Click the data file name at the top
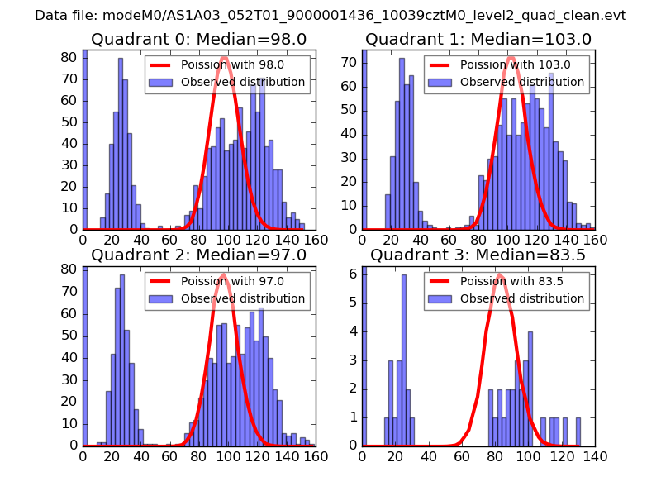[330, 16]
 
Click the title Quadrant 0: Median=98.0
[199, 40]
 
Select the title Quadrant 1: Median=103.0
[478, 40]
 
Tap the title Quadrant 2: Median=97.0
[199, 255]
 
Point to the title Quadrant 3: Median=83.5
[478, 255]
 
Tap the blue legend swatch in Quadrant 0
[161, 83]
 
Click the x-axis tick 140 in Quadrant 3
[594, 456]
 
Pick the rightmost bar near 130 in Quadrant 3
[578, 431]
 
